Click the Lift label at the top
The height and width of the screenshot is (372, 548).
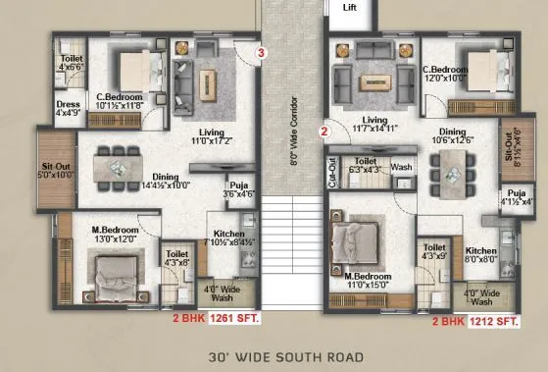point(350,8)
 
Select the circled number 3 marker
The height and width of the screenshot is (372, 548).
point(261,52)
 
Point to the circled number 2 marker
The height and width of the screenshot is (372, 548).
point(323,128)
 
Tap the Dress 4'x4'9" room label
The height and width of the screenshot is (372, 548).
point(69,108)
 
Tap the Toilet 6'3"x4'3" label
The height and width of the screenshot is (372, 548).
point(373,165)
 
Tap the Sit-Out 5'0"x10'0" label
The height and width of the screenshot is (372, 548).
point(54,174)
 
